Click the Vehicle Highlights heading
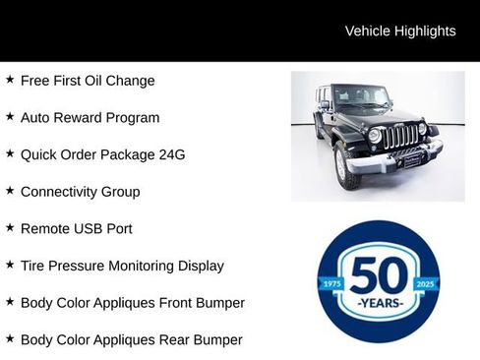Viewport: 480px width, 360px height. click(400, 31)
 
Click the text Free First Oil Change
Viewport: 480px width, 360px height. click(88, 81)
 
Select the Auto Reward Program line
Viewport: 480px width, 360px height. click(90, 118)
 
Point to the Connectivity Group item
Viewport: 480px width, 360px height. click(80, 192)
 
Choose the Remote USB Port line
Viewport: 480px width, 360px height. click(77, 228)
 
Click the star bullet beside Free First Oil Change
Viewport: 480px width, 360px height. click(10, 80)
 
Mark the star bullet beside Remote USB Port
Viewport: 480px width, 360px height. click(10, 227)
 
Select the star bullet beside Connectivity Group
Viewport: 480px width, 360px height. click(10, 191)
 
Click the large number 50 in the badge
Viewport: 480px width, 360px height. click(378, 274)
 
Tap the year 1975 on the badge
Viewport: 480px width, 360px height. click(331, 283)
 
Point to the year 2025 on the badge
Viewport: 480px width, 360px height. click(425, 283)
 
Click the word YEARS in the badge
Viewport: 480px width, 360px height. click(379, 302)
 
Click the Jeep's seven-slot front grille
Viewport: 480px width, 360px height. click(400, 136)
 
